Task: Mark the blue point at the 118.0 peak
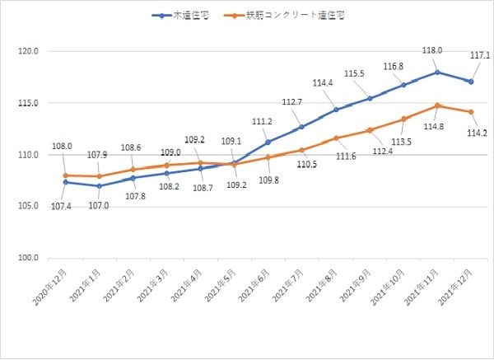point(438,72)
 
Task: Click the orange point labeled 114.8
point(438,105)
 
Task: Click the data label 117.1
point(479,56)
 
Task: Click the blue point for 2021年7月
point(302,127)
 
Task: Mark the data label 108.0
point(63,146)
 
